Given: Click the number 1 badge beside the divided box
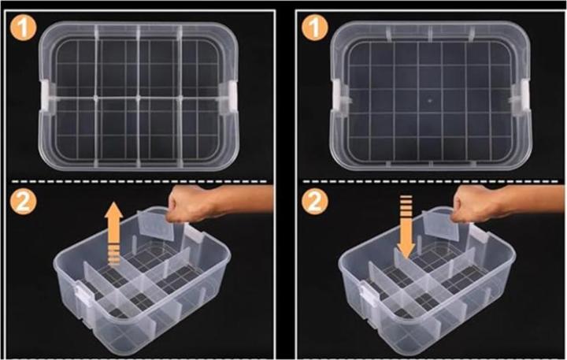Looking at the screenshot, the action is [x=23, y=28].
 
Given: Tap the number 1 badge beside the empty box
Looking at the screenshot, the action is [x=315, y=28].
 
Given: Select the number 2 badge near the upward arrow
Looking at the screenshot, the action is [x=23, y=202].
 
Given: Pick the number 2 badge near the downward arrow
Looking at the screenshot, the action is [x=315, y=202].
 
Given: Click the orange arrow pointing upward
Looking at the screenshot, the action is [x=114, y=234].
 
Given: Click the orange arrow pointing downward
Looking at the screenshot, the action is [x=406, y=227].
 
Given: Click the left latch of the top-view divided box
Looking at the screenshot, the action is [x=47, y=95].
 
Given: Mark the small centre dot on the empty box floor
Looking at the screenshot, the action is [x=430, y=101].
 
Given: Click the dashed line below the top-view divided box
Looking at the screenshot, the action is [x=139, y=181].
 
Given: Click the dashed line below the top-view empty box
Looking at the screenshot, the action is [x=430, y=181].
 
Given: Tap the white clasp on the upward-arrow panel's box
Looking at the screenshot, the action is [x=83, y=295].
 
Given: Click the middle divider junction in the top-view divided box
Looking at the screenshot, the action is [x=138, y=98].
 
